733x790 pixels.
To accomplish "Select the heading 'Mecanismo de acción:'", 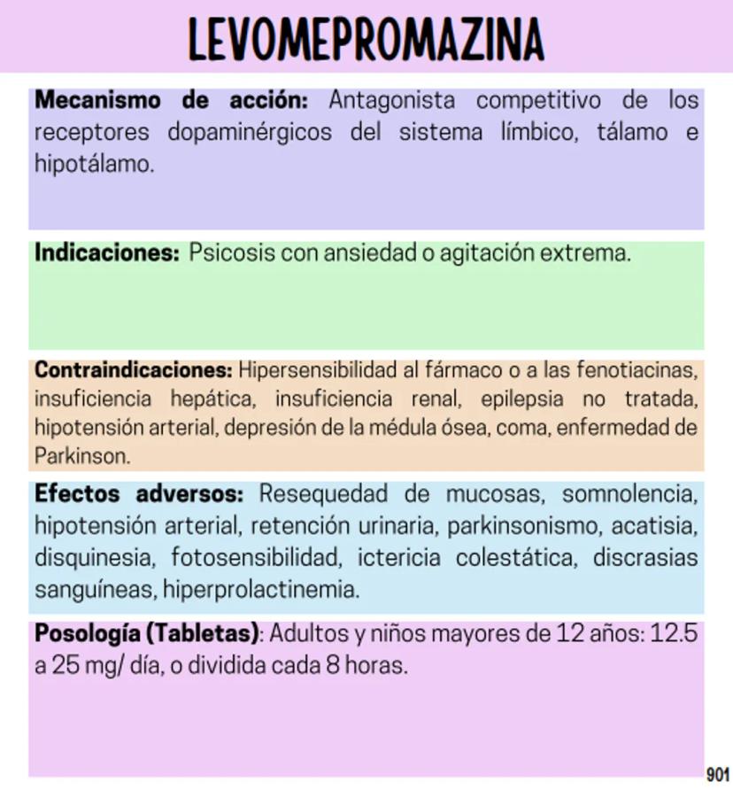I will tap(171, 100).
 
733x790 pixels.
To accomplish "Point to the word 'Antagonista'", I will tap(392, 100).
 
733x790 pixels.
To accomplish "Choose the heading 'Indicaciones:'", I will tap(107, 253).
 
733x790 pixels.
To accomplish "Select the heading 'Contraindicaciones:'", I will tap(134, 368).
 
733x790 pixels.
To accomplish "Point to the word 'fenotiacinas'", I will tap(639, 368).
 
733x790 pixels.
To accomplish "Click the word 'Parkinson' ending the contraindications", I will tap(81, 457).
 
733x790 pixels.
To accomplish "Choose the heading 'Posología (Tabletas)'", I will tap(147, 634).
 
